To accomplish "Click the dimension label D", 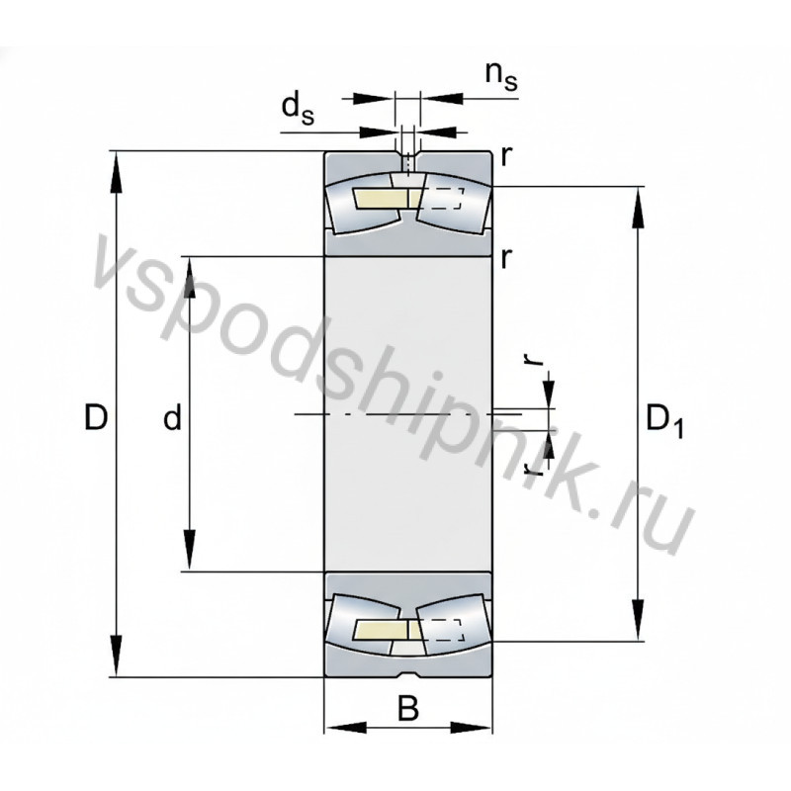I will [96, 418].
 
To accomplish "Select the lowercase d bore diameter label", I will [173, 419].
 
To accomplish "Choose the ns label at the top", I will [499, 76].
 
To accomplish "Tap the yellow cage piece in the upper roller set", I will [376, 200].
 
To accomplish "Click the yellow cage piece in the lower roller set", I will [376, 631].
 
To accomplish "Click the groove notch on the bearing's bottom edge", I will [407, 676].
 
